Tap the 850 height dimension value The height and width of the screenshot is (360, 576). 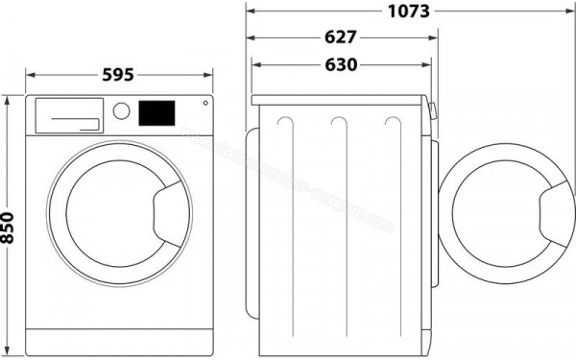tap(10, 226)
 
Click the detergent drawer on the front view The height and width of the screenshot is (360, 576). tap(68, 114)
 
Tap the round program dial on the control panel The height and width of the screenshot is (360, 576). tap(122, 110)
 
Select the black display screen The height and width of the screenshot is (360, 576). tap(157, 112)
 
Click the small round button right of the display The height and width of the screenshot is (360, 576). tap(204, 104)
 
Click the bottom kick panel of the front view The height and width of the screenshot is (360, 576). tap(120, 338)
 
